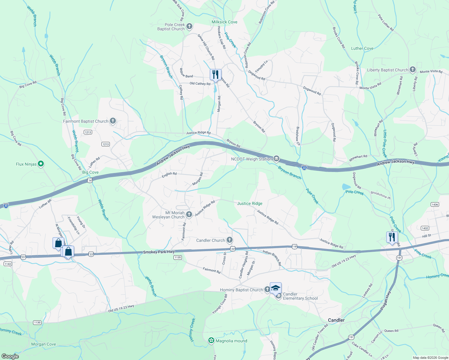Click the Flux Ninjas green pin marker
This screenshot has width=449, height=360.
pyautogui.click(x=41, y=164)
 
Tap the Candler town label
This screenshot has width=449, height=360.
pyautogui.click(x=336, y=320)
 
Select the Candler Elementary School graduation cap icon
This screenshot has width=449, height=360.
pyautogui.click(x=276, y=288)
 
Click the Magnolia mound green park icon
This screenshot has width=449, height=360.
pyautogui.click(x=211, y=340)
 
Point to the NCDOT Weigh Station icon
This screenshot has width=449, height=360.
pyautogui.click(x=276, y=158)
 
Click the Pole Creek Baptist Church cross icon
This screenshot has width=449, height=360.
pyautogui.click(x=189, y=26)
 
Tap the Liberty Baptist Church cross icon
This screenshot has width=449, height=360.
pyautogui.click(x=412, y=70)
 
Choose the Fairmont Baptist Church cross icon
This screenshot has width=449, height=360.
pyautogui.click(x=113, y=121)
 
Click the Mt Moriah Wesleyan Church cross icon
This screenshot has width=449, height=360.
pyautogui.click(x=189, y=214)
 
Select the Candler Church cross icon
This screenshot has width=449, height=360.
pyautogui.click(x=229, y=240)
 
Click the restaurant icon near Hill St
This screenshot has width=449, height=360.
pyautogui.click(x=392, y=237)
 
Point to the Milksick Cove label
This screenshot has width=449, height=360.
pyautogui.click(x=224, y=22)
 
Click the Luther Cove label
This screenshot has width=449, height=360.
pyautogui.click(x=362, y=48)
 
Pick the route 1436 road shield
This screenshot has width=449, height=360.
pyautogui.click(x=435, y=204)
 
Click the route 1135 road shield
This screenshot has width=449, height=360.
pyautogui.click(x=178, y=257)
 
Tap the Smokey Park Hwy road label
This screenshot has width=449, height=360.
pyautogui.click(x=159, y=252)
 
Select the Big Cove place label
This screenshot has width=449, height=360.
pyautogui.click(x=90, y=172)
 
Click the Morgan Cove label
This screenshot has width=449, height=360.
pyautogui.click(x=44, y=344)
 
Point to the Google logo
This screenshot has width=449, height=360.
pyautogui.click(x=10, y=356)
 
